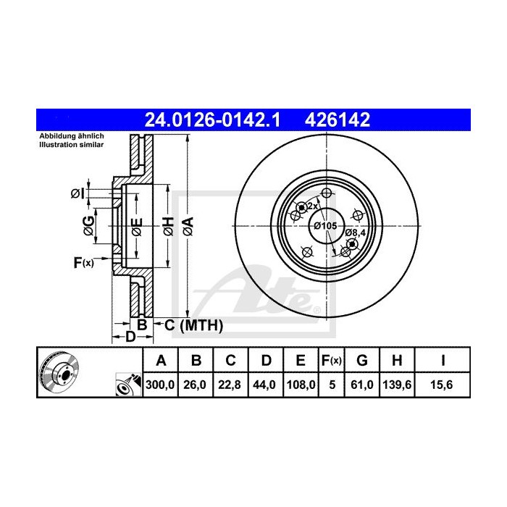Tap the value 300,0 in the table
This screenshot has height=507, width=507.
161,386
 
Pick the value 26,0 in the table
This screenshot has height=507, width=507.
196,386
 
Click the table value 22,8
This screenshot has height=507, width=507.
230,386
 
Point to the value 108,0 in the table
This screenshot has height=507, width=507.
299,386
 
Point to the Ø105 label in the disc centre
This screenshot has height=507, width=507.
325,227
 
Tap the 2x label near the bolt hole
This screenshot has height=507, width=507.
313,206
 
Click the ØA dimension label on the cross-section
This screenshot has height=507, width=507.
187,225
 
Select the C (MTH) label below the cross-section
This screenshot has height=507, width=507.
191,325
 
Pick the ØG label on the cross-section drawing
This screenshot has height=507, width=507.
88,225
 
